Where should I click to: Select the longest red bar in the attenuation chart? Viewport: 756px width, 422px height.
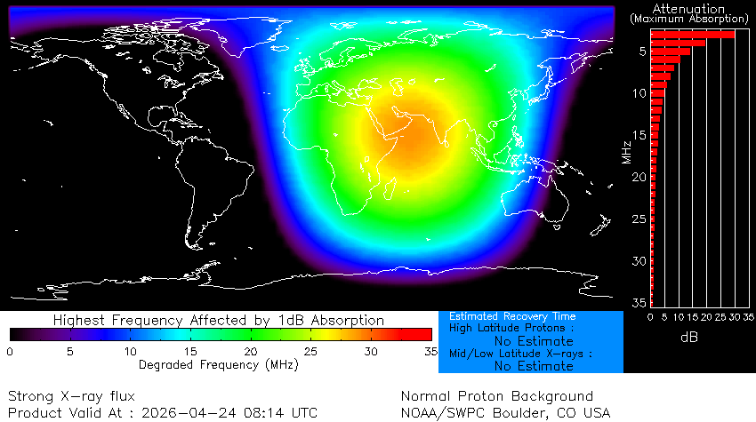tap(693, 35)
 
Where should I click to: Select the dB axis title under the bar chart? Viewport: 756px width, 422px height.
tap(689, 338)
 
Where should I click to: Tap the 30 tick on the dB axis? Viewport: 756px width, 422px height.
tap(734, 317)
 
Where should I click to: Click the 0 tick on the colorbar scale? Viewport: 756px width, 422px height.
tap(10, 352)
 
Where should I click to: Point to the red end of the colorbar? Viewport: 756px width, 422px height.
tap(418, 334)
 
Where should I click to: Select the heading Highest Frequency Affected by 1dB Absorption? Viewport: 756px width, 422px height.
tap(219, 320)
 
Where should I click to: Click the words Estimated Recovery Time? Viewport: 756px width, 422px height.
tap(512, 316)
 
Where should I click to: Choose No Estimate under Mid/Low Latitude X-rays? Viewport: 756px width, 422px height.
tap(534, 365)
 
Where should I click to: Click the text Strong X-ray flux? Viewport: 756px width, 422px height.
tap(72, 396)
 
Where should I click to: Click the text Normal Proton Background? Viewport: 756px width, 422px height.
tap(496, 396)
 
